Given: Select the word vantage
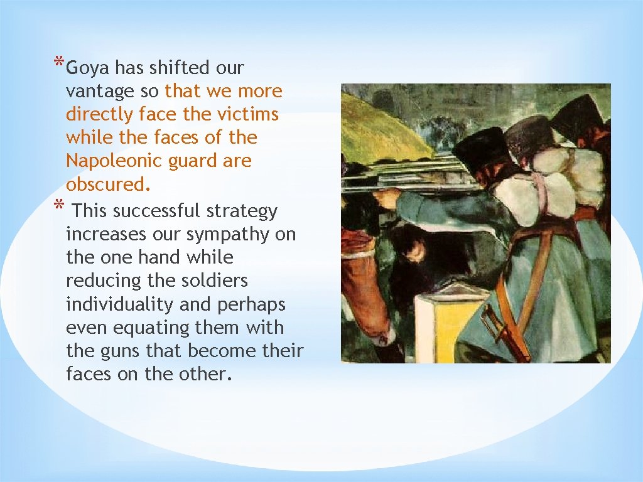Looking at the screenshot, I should [x=100, y=92].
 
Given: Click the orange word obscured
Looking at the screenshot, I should [x=108, y=185].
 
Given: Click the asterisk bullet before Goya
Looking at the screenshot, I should [x=58, y=63].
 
